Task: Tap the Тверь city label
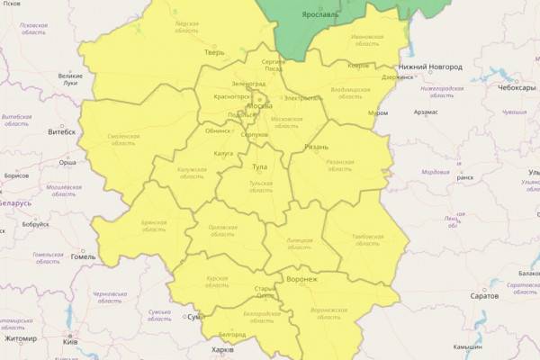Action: [x=213, y=52]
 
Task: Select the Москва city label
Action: [x=259, y=105]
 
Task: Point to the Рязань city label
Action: [x=317, y=147]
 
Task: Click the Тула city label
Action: [x=259, y=167]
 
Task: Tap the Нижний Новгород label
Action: [x=431, y=67]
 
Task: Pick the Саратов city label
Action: [x=483, y=295]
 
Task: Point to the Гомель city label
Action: [x=83, y=256]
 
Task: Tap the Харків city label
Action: [x=220, y=349]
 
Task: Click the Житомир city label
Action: [x=20, y=339]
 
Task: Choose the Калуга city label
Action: [x=223, y=154]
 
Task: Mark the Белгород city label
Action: [x=232, y=334]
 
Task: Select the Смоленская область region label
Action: [x=121, y=139]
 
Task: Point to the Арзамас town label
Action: [x=426, y=112]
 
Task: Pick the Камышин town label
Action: [x=495, y=346]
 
